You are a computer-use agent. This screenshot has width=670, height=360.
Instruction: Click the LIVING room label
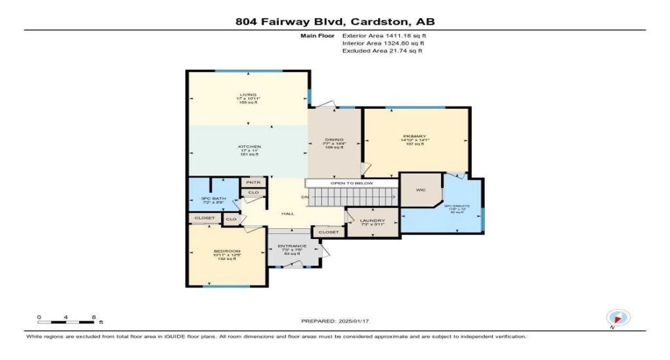pyautogui.click(x=249, y=94)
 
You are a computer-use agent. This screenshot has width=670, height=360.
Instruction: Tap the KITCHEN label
pyautogui.click(x=249, y=146)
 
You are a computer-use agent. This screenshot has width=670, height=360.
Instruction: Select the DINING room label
pyautogui.click(x=335, y=140)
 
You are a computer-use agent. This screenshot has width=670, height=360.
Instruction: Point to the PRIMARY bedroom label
pyautogui.click(x=415, y=136)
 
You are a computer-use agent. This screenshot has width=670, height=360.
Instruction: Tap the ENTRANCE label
pyautogui.click(x=292, y=246)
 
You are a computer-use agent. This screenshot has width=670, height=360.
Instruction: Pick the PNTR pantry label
pyautogui.click(x=254, y=182)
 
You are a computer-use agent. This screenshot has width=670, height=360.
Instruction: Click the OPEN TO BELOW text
pyautogui.click(x=351, y=184)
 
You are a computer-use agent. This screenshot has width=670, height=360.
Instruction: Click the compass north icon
pyautogui.click(x=618, y=318)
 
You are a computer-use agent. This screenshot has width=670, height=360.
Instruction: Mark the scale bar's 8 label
pyautogui.click(x=93, y=317)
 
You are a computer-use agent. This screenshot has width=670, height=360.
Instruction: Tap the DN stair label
pyautogui.click(x=304, y=197)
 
